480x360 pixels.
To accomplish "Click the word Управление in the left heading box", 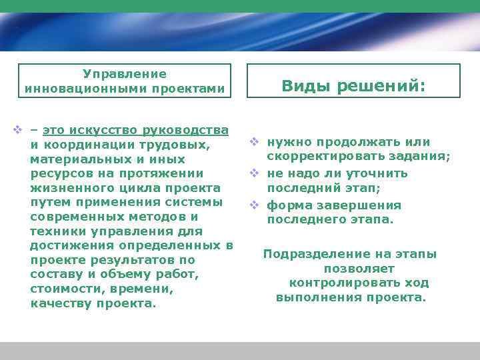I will [124, 73].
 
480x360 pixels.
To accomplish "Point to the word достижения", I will [69, 246].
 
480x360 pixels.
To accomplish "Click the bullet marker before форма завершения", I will [254, 205].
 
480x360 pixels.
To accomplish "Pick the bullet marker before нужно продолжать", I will [254, 142].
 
